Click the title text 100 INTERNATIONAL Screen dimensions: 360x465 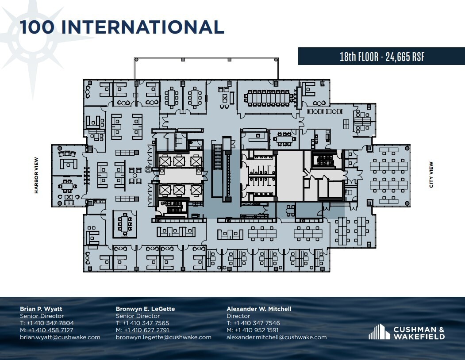pos(122,27)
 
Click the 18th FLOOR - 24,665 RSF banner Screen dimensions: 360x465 pos(381,57)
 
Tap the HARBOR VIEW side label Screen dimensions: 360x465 pos(37,176)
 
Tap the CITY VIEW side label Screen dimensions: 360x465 pos(431,175)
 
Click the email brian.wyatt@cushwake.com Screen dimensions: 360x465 pos(60,337)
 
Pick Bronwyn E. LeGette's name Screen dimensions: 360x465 pos(145,309)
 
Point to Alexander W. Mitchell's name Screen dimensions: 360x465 pos(259,309)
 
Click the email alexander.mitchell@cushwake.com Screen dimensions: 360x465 pos(277,337)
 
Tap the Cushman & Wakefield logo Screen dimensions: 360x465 pos(407,332)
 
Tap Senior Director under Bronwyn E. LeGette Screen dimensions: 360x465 pos(138,316)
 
